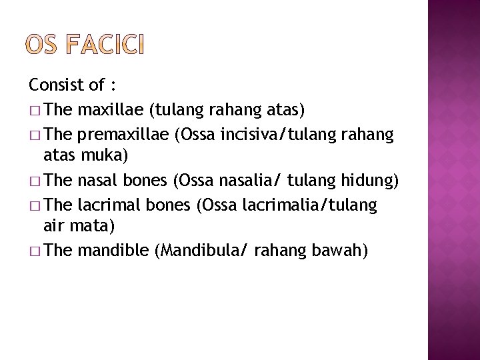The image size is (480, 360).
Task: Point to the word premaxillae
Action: click(x=123, y=135)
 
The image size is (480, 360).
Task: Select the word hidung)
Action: click(x=369, y=181)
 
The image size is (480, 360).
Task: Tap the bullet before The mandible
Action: click(x=35, y=251)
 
